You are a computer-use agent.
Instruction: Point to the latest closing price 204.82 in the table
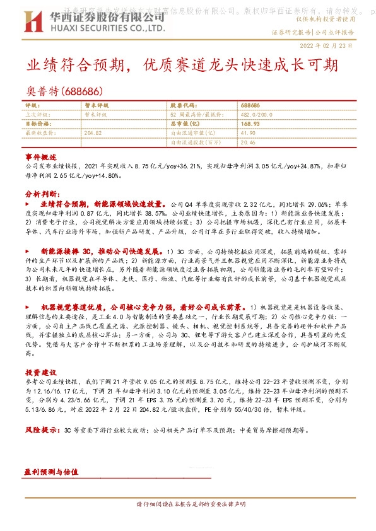coord(93,133)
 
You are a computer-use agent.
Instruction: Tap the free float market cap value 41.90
coord(247,133)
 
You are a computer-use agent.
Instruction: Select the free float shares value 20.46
coord(247,143)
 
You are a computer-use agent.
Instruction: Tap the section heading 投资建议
coord(41,372)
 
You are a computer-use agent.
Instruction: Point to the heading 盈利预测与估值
coord(50,472)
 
